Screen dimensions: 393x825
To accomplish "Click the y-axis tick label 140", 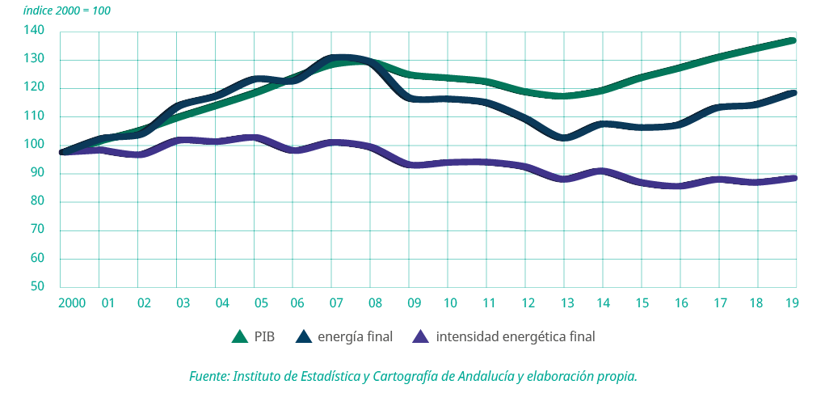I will [36, 31].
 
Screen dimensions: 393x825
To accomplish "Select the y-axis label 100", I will [36, 145].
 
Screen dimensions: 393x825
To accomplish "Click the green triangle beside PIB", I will [239, 336].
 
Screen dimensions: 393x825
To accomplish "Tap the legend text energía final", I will [355, 336].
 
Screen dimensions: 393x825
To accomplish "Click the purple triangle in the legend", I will [420, 336].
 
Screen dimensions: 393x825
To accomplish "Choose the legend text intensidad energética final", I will [515, 336].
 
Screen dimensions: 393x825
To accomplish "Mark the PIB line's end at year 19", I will [795, 40].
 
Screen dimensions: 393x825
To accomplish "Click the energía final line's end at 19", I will [795, 93].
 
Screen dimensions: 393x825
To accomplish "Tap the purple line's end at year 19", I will [795, 178].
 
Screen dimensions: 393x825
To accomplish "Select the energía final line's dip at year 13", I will [565, 138].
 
